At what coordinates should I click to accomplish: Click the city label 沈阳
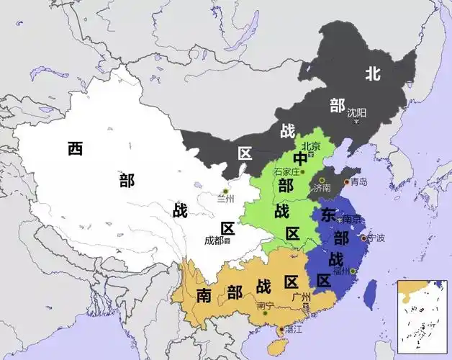point(356,112)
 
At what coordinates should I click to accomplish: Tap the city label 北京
point(310,145)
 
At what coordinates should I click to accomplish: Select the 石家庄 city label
point(286,171)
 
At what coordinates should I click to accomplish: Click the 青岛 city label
point(358,182)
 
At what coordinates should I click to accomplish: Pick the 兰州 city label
point(226,199)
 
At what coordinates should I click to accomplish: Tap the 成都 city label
point(214,240)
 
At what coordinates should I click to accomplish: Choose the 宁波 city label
point(376,238)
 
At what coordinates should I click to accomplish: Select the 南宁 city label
point(264,305)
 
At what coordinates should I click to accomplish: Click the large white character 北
point(372,73)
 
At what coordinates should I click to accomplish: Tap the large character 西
point(75,148)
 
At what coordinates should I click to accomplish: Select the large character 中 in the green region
point(300,158)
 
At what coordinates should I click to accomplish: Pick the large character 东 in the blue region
point(327,215)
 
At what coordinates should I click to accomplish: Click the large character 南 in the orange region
point(203,295)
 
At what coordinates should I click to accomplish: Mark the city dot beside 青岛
point(347,182)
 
